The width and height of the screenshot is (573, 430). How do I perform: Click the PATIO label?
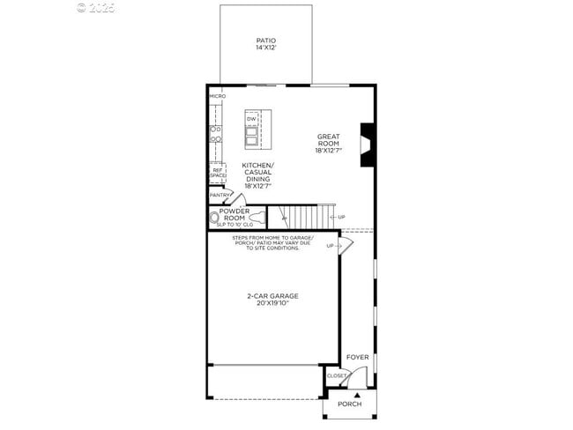[265, 41]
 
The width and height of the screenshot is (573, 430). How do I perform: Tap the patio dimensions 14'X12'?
[265, 48]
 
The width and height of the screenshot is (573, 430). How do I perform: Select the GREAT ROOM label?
[329, 140]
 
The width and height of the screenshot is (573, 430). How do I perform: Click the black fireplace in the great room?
[368, 139]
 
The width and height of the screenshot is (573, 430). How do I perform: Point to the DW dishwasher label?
[251, 119]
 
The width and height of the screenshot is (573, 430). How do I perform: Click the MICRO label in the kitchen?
[217, 95]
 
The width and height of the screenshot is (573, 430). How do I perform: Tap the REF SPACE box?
[217, 173]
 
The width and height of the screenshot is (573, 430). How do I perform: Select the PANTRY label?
[220, 195]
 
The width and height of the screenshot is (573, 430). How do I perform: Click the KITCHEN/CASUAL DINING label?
[258, 175]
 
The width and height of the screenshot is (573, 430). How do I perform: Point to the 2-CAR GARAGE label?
[272, 296]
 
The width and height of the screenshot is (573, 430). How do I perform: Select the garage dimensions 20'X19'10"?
[272, 303]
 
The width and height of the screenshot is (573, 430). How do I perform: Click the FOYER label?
[357, 357]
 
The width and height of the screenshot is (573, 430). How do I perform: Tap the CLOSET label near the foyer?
[337, 376]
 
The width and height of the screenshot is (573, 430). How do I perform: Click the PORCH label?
[350, 404]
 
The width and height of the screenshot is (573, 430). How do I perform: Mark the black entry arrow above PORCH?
[357, 394]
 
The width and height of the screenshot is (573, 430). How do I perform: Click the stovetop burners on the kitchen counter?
[214, 133]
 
